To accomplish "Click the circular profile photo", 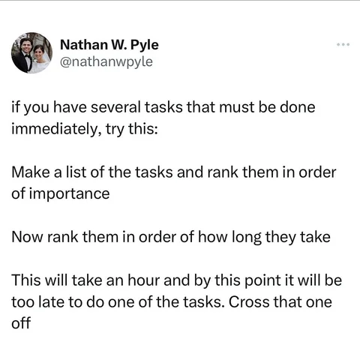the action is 31,52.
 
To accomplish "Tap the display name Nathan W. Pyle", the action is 109,45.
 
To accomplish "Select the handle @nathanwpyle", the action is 106,61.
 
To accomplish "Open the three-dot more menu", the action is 343,45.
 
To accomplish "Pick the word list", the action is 76,172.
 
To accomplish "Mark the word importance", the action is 70,194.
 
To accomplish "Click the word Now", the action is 27,237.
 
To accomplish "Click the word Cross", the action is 249,302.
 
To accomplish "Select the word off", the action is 21,323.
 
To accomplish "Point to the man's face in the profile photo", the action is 25,45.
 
